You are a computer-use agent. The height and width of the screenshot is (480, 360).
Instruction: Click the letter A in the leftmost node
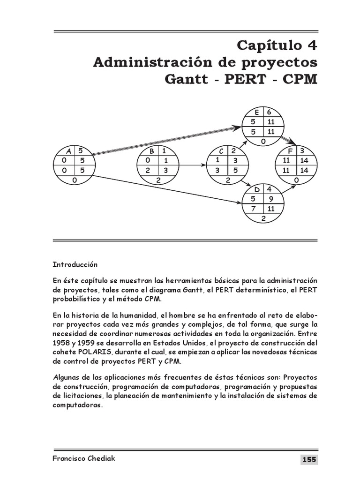tap(68, 151)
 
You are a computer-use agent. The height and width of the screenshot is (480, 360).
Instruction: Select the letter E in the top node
tap(257, 112)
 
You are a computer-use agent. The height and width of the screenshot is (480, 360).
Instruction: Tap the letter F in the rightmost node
tap(290, 151)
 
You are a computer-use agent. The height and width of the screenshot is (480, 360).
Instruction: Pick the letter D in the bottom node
tap(257, 189)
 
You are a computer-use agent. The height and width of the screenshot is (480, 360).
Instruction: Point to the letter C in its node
tap(222, 151)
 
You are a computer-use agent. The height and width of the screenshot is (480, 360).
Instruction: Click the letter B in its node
tap(152, 151)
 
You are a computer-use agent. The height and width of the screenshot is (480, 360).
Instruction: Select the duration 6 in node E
tap(269, 112)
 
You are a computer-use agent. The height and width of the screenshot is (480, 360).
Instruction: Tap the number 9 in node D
tap(270, 199)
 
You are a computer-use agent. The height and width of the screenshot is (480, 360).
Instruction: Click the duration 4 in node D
tap(269, 189)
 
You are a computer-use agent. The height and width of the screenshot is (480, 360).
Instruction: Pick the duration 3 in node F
tap(302, 151)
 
